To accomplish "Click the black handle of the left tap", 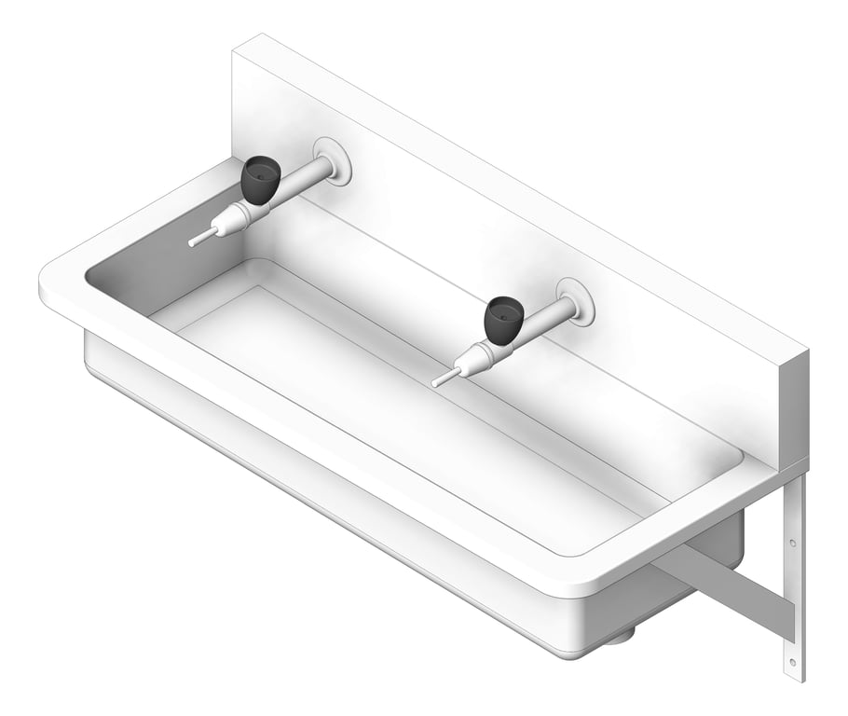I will (260, 179).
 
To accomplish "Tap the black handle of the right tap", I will (503, 319).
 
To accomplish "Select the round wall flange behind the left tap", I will (333, 160).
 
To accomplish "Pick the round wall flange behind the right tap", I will (576, 301).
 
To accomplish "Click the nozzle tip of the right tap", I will (437, 381).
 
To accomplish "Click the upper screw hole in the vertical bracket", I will (793, 542).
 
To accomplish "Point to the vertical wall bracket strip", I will (793, 597).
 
